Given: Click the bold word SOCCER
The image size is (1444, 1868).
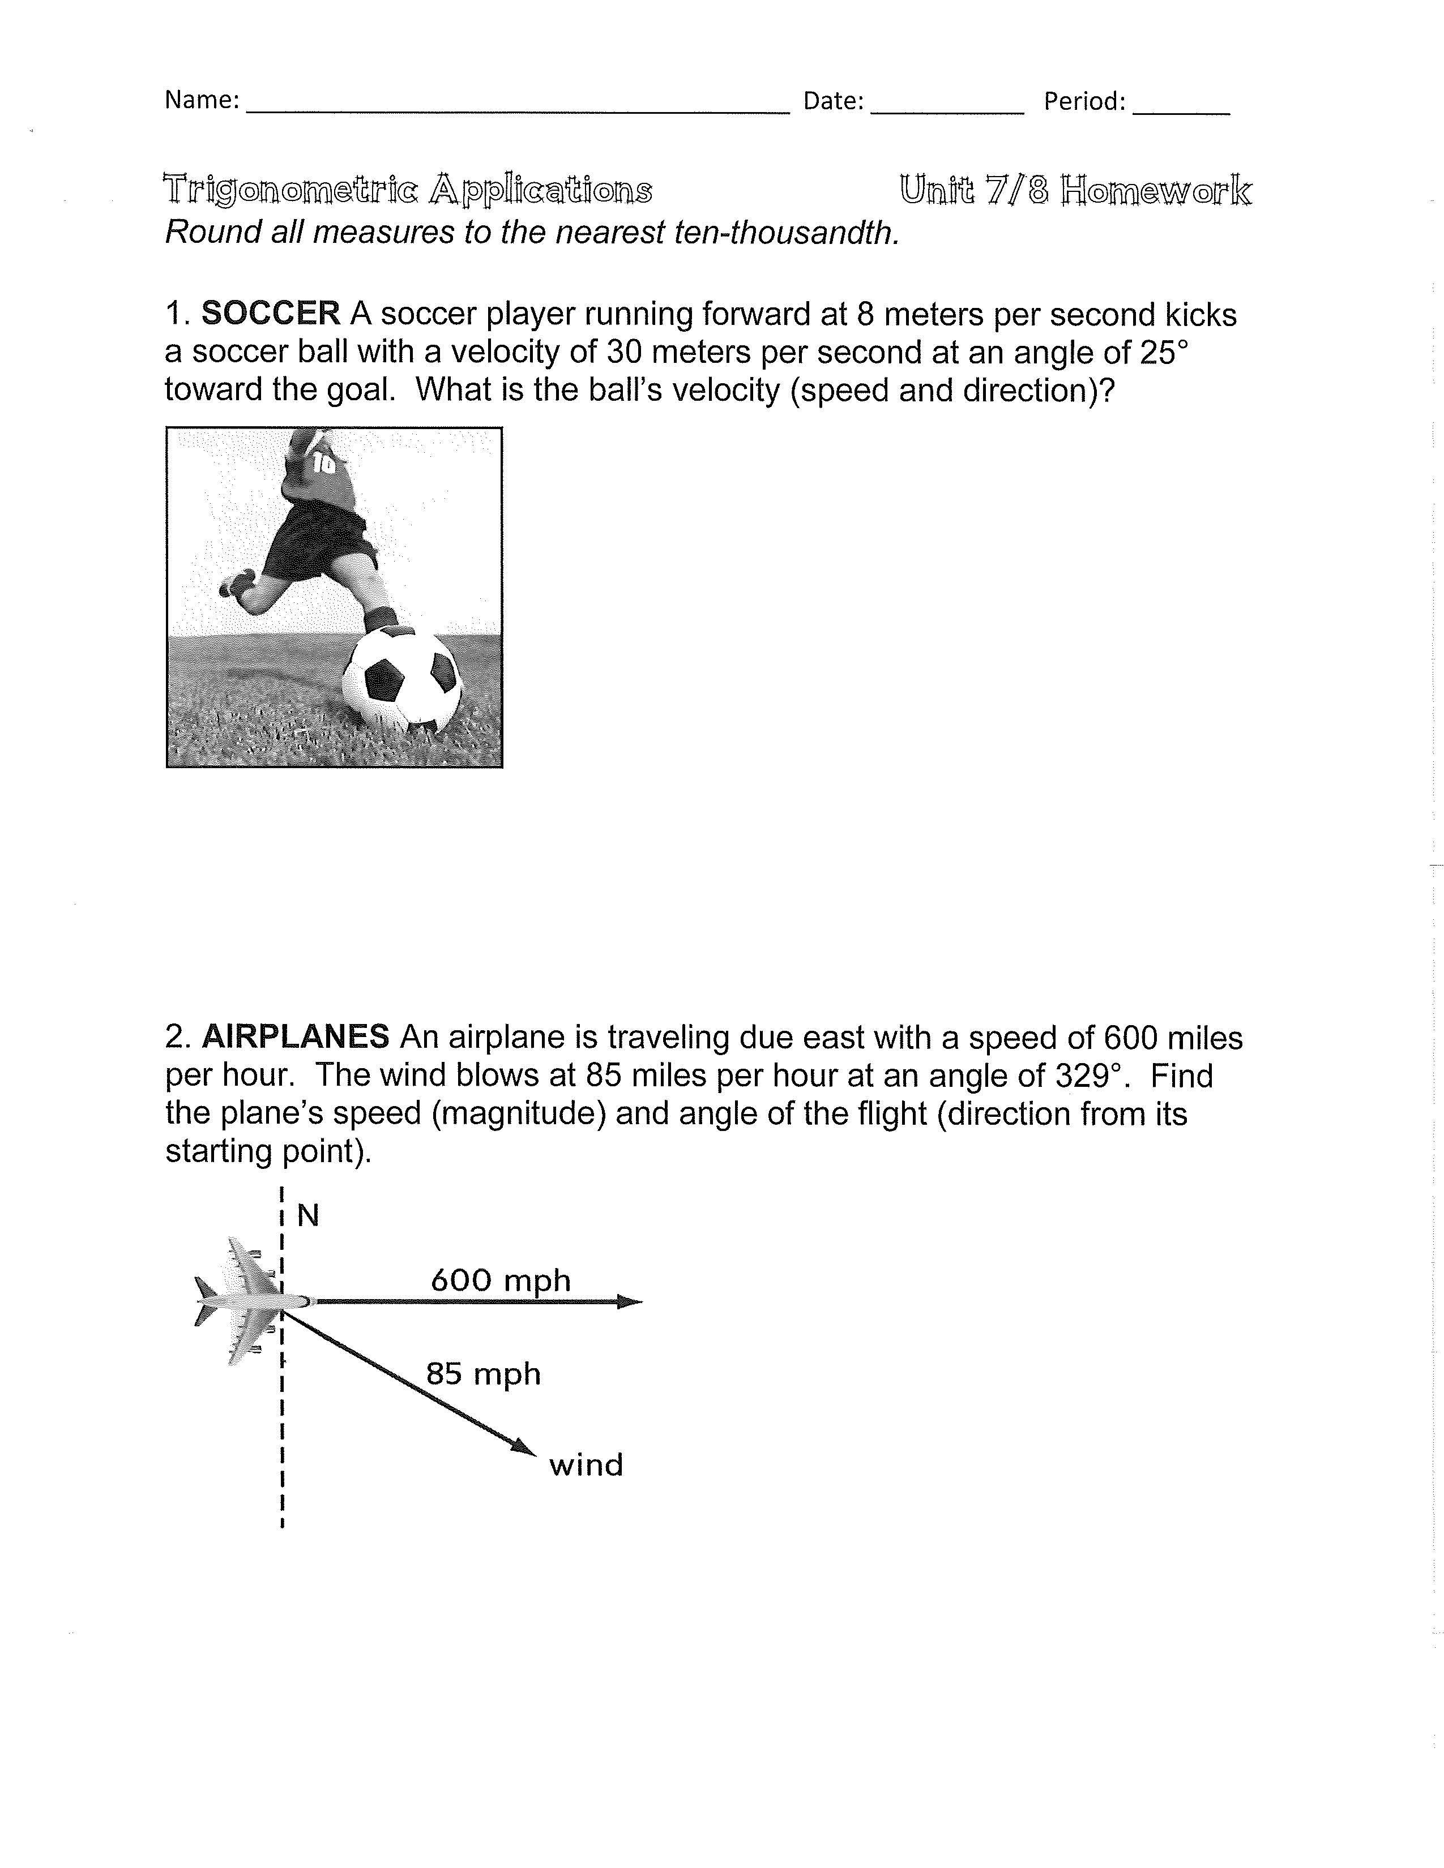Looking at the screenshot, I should coord(270,314).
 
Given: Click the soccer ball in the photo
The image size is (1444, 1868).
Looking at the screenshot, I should coord(401,681).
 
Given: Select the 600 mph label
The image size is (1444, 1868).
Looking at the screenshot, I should coord(501,1280).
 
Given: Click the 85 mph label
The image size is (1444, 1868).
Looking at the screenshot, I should coord(484,1374).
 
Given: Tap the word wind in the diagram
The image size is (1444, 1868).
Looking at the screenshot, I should coord(586,1465).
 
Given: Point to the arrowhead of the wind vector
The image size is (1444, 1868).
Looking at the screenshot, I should coord(524,1446).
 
